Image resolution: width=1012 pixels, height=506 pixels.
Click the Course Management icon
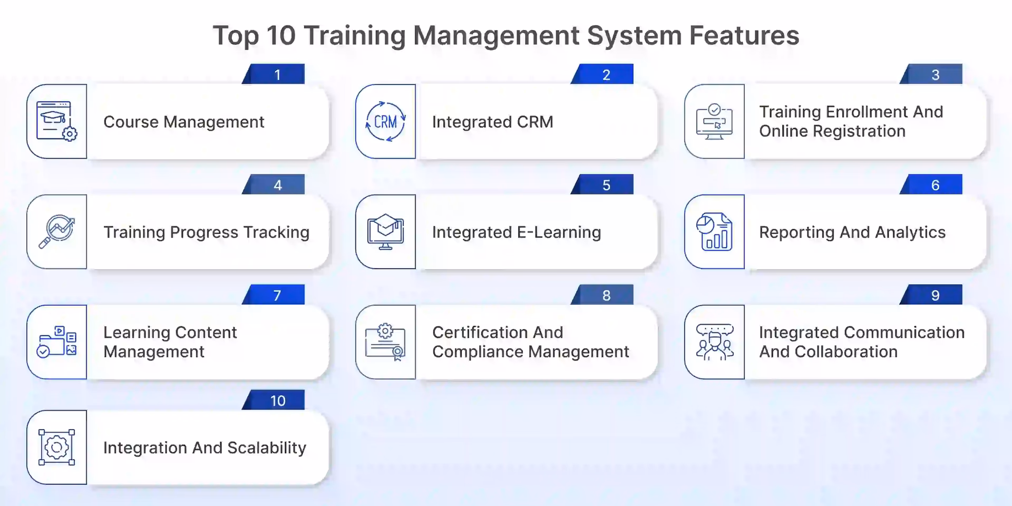(56, 121)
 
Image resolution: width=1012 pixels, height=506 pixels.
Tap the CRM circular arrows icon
(385, 122)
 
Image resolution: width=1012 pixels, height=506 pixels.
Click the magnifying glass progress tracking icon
(56, 231)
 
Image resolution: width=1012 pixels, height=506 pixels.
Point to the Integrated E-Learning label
(516, 232)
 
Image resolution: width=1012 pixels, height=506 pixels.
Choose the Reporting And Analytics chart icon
(714, 231)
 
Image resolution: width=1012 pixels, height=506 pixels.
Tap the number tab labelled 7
(277, 295)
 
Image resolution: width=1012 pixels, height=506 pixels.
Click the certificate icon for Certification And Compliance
(385, 342)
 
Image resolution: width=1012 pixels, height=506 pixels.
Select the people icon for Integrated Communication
(714, 342)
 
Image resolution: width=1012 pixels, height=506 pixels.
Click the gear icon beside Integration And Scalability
(56, 447)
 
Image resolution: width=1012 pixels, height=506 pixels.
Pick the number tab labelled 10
(277, 401)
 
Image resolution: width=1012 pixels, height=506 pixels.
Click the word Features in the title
(744, 35)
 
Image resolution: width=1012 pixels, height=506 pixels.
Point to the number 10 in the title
(281, 35)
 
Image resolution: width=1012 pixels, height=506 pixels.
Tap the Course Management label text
(183, 122)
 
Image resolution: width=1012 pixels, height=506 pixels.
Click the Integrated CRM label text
(492, 122)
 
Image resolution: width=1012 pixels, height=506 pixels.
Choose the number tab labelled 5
(606, 185)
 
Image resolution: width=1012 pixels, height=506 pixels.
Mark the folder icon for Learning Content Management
(56, 342)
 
